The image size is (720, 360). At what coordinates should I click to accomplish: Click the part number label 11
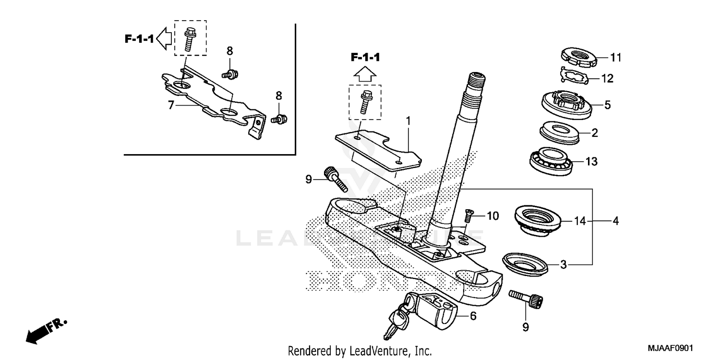click(x=616, y=58)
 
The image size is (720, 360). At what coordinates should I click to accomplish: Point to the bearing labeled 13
click(x=552, y=160)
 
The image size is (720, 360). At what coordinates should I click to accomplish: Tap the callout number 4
click(x=615, y=221)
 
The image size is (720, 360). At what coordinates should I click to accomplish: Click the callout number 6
click(x=473, y=316)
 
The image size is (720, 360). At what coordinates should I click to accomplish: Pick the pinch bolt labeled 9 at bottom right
click(x=526, y=299)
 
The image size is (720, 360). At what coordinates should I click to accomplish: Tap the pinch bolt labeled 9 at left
click(x=335, y=178)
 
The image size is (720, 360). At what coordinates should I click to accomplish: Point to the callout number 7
click(x=170, y=105)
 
